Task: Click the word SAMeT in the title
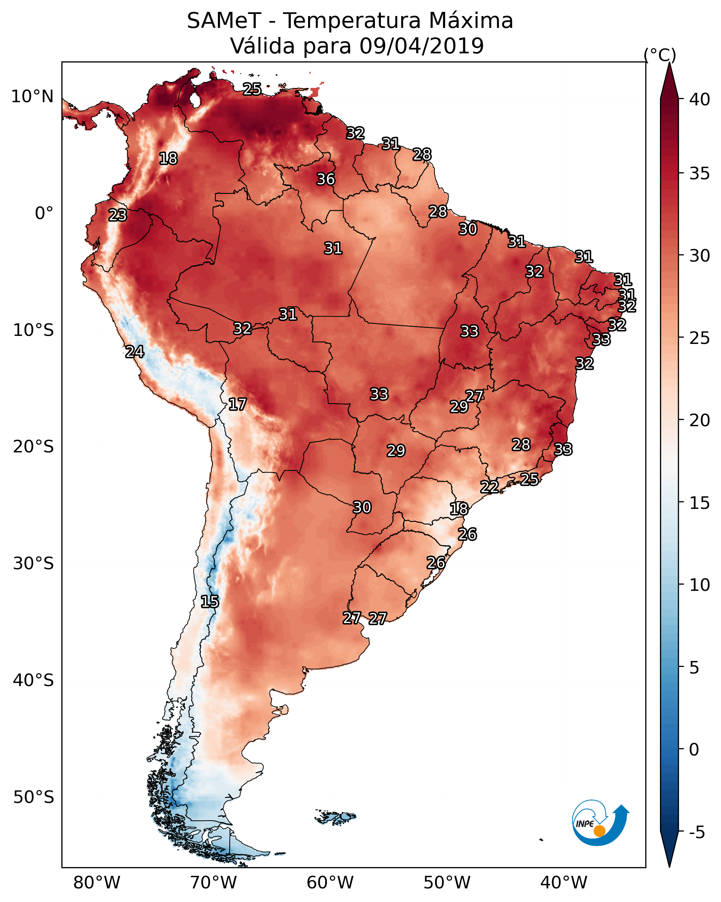point(224,21)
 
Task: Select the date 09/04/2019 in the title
point(422,46)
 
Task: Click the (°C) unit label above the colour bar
point(660,55)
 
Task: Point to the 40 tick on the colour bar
point(700,99)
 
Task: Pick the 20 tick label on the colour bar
point(700,420)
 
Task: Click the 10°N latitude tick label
point(32,97)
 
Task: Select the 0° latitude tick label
point(44,213)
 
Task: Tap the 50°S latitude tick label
point(33,797)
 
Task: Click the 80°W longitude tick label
point(97,882)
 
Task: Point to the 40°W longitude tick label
point(564,882)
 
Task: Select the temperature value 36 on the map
point(325,179)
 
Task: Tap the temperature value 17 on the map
point(237,404)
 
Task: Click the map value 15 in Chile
point(210,602)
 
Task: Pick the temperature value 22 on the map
point(489,487)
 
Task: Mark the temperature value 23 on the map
point(118,215)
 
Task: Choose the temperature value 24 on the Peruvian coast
point(135,352)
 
